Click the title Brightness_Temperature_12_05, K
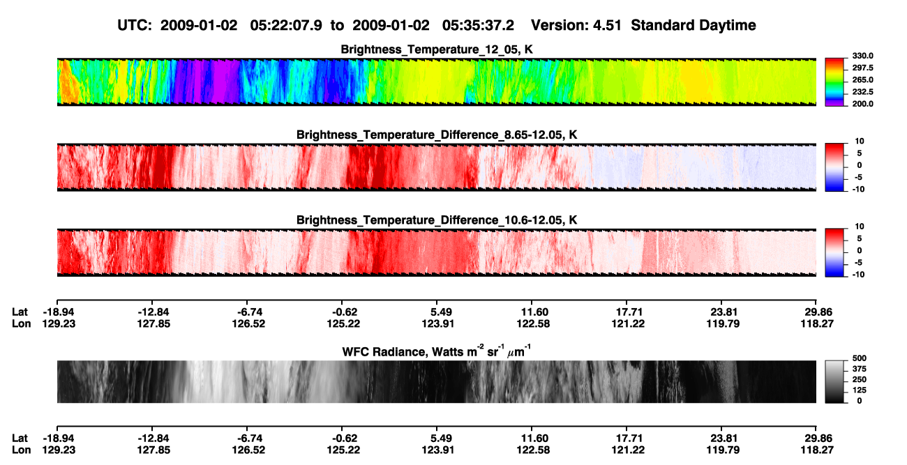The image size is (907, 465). pyautogui.click(x=437, y=49)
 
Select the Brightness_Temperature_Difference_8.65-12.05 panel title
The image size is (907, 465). pyautogui.click(x=437, y=135)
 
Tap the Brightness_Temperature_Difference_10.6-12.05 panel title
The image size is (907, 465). pyautogui.click(x=437, y=220)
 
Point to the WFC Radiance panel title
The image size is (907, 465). pyautogui.click(x=437, y=351)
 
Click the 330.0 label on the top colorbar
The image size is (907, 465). pyautogui.click(x=862, y=56)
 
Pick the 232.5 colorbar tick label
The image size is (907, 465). pyautogui.click(x=862, y=92)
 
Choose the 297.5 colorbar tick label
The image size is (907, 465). pyautogui.click(x=862, y=68)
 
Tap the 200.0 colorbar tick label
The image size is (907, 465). pyautogui.click(x=862, y=104)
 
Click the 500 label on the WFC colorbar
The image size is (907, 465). pyautogui.click(x=860, y=358)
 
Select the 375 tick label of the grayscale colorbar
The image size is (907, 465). pyautogui.click(x=860, y=369)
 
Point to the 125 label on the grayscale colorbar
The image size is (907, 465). pyautogui.click(x=860, y=390)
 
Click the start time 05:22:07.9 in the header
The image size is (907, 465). pyautogui.click(x=286, y=26)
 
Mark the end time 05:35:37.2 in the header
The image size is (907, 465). pyautogui.click(x=478, y=26)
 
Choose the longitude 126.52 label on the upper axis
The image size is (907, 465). pyautogui.click(x=248, y=323)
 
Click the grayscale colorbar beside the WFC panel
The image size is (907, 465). pyautogui.click(x=834, y=381)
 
